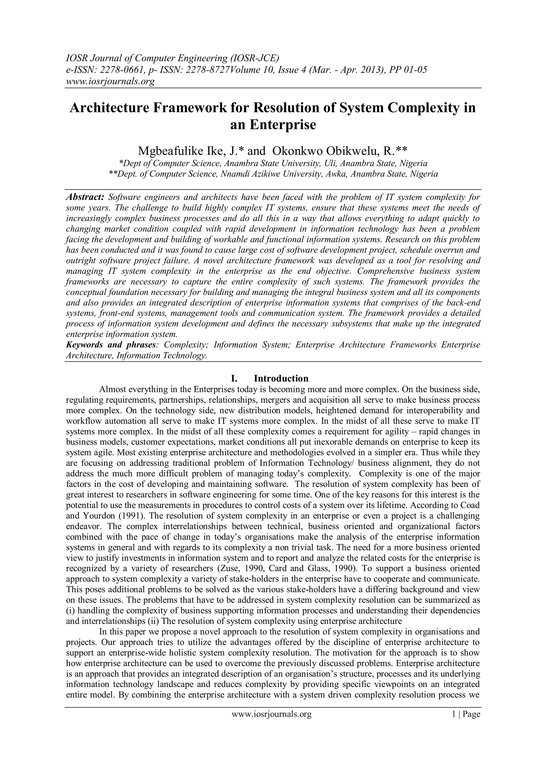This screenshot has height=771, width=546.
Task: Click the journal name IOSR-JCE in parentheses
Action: (255, 58)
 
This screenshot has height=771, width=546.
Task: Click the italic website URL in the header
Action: (110, 81)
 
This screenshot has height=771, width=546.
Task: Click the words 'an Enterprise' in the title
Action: (273, 125)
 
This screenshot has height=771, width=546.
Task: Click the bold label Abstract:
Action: (86, 197)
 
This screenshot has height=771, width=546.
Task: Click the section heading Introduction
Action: (281, 378)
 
